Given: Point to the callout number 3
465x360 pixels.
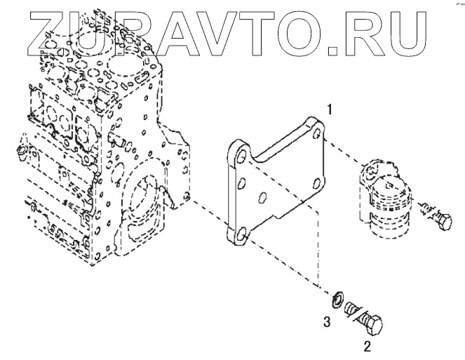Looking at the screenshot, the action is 327,322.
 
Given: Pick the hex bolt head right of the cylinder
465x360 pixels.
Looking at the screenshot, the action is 444,221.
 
